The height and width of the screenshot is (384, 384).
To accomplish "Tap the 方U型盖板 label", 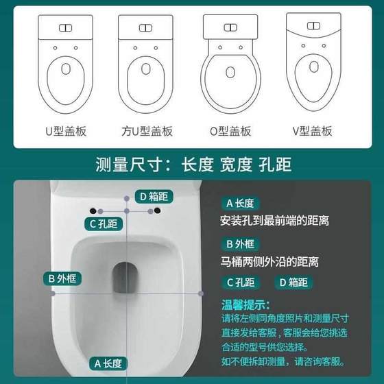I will pyautogui.click(x=146, y=131).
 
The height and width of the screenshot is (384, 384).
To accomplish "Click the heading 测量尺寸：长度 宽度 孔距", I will pyautogui.click(x=192, y=165).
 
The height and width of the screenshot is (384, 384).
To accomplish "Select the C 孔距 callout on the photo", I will pyautogui.click(x=103, y=224).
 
